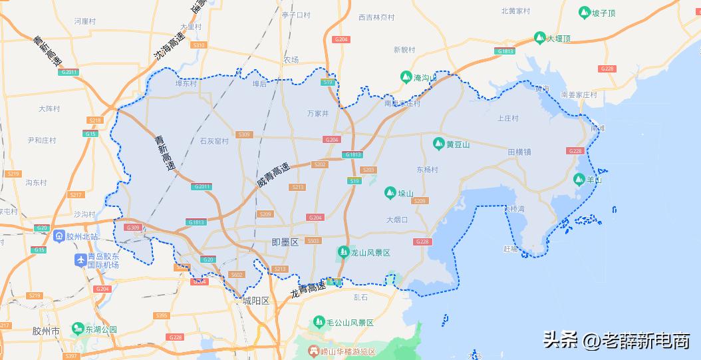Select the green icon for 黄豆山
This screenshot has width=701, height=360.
(x=438, y=144)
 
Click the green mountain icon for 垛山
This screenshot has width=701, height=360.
(x=390, y=193)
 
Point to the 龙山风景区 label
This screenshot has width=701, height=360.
(x=370, y=253)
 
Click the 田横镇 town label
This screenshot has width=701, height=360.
(x=519, y=152)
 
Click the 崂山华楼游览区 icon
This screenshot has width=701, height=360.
(x=314, y=351)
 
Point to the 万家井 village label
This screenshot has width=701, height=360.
(x=318, y=114)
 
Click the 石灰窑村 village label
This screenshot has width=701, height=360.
(x=214, y=141)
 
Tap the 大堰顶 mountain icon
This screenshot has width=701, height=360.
(x=539, y=39)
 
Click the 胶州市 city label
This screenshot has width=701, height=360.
(x=47, y=331)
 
